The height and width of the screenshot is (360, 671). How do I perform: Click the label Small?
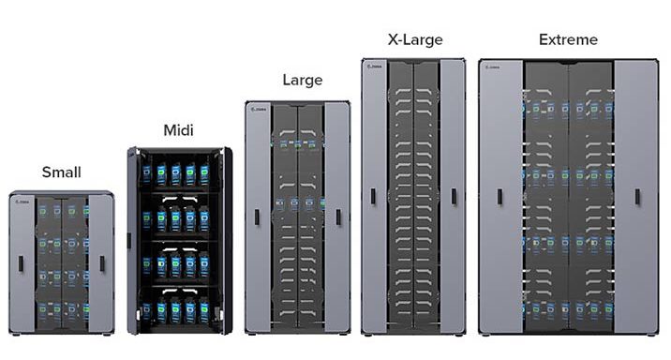[x=61, y=172]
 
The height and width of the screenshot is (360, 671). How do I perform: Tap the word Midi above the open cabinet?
[x=178, y=129]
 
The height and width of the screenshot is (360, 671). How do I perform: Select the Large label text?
[x=302, y=81]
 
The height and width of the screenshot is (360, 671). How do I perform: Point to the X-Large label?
[x=414, y=39]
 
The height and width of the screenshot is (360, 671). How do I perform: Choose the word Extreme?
[x=568, y=39]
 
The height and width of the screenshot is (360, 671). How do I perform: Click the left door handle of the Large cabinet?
[x=257, y=217]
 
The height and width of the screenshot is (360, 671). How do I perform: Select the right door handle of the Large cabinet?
[x=338, y=217]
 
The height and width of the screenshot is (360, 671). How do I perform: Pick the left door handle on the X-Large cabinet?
[x=373, y=196]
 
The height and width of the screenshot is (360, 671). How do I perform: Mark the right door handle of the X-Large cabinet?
[x=455, y=196]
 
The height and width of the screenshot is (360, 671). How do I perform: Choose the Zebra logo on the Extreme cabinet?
[x=493, y=67]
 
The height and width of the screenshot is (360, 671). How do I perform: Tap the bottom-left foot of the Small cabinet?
[x=13, y=334]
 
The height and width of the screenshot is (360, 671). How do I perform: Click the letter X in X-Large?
[x=393, y=39]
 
